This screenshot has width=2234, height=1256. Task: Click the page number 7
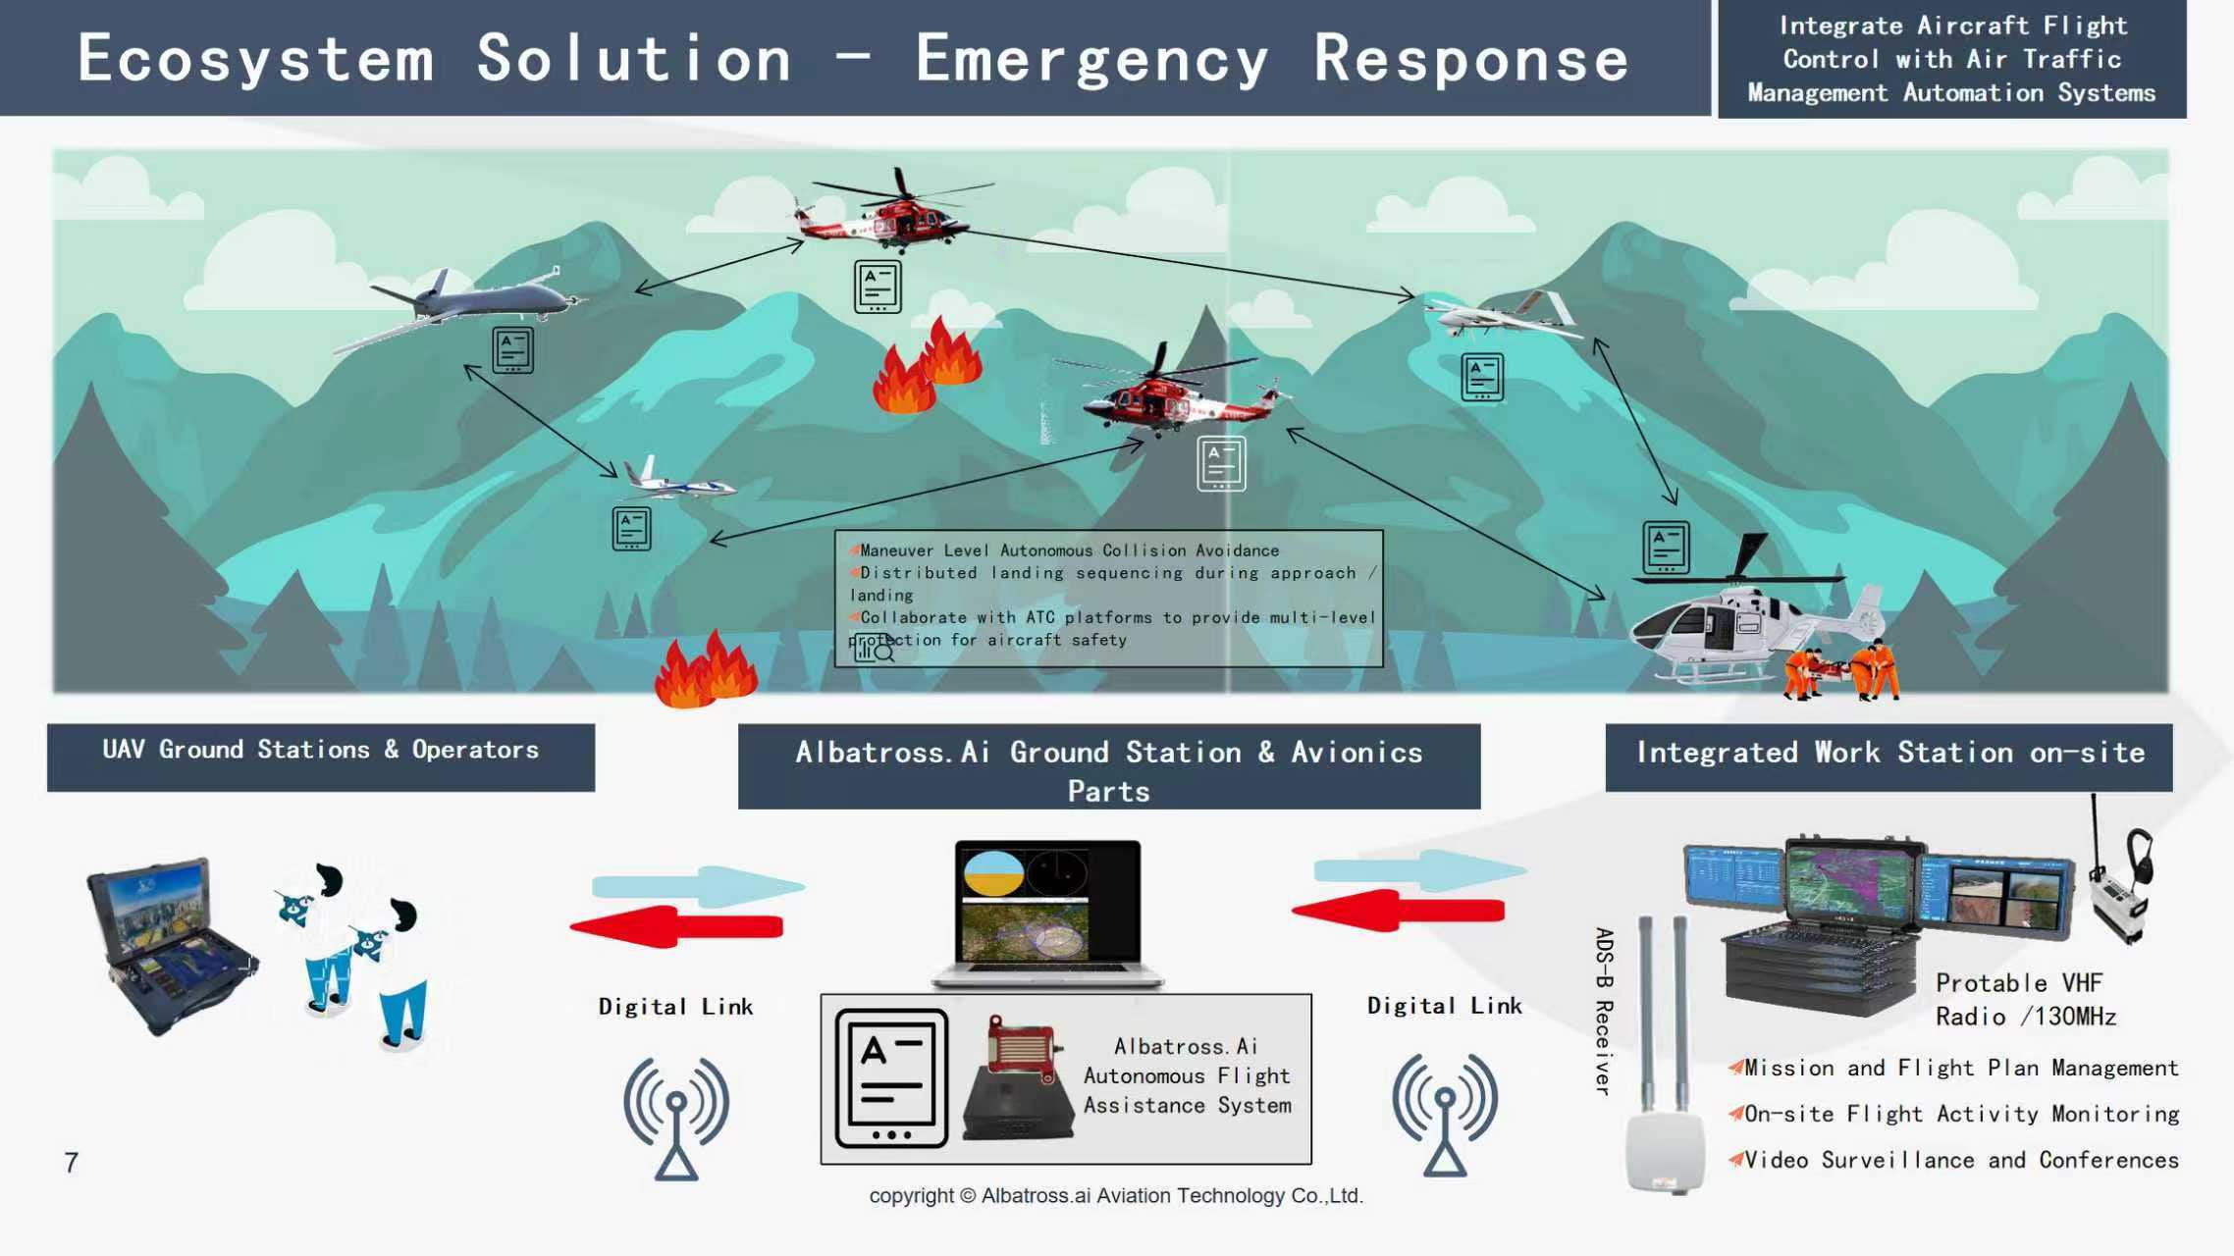[x=71, y=1163]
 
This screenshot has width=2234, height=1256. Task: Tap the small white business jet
[x=678, y=481]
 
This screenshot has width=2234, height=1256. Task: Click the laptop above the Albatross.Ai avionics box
[x=1047, y=913]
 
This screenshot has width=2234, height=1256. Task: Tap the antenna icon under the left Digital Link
[x=676, y=1119]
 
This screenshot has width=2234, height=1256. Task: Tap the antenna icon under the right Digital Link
[x=1445, y=1116]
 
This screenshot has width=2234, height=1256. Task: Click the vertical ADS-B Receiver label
[x=1604, y=1011]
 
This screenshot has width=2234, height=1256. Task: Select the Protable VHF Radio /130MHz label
[x=2024, y=1000]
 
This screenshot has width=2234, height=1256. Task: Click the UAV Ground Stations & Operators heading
[x=321, y=751]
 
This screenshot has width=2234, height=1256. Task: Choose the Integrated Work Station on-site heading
[x=1889, y=754]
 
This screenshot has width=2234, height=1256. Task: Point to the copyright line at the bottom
[x=1116, y=1196]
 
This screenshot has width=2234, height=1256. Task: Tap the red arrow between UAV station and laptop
[x=677, y=926]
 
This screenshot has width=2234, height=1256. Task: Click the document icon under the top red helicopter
[x=878, y=287]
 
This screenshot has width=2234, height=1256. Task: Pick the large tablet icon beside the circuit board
[x=891, y=1077]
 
